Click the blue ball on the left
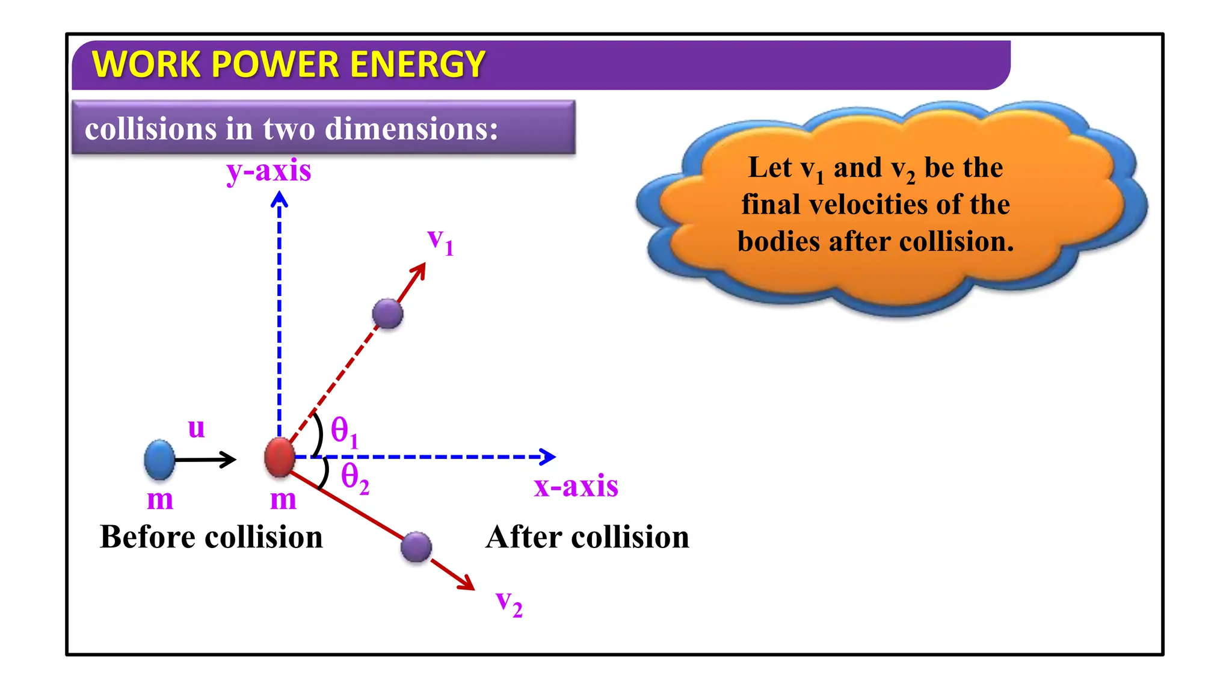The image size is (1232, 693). tap(159, 460)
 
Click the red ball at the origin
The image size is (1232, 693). tap(280, 457)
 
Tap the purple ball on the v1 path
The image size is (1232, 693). tap(387, 313)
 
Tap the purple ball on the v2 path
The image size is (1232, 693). tap(416, 547)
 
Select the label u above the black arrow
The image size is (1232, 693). tap(197, 428)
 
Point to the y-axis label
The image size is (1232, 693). tap(269, 171)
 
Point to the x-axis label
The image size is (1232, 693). tap(576, 486)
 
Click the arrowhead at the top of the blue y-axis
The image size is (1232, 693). tap(279, 199)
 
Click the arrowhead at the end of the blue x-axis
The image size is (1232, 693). tap(547, 457)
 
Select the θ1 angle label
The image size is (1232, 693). tap(345, 433)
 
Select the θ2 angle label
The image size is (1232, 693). tap(355, 478)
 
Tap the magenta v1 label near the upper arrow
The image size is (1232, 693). tap(440, 241)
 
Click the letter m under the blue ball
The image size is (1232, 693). tap(160, 500)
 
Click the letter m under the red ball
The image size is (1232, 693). tap(283, 500)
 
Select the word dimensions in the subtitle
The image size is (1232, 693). tap(412, 129)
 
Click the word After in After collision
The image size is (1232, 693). tap(523, 537)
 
